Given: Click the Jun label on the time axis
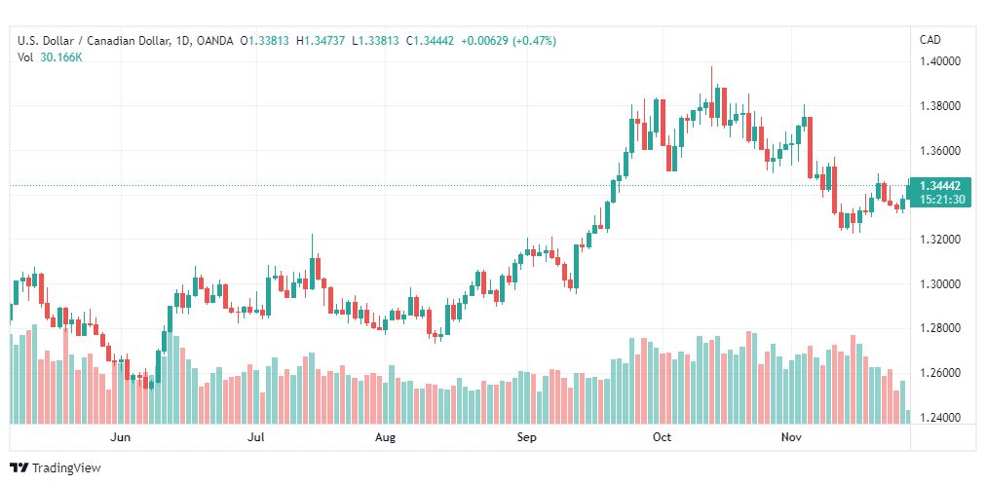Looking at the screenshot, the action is point(120,437).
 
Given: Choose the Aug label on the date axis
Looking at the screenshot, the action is point(385,437).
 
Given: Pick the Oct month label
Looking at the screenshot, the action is point(663,437).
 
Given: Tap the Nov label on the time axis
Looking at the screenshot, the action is point(790,437).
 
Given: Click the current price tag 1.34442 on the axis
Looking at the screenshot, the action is point(939,186).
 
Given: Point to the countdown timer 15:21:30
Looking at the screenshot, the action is point(939,199).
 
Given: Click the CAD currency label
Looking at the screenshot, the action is point(930,40).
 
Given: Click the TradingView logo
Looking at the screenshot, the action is point(56,468).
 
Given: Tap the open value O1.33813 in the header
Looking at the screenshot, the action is point(265,41).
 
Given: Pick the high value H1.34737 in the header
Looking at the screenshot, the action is point(321,41).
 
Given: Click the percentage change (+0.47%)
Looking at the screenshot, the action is point(535,41).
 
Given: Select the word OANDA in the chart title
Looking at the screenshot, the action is point(215,41).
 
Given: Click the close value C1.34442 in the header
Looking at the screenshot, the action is point(430,41).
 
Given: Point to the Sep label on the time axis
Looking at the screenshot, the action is point(526,437).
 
